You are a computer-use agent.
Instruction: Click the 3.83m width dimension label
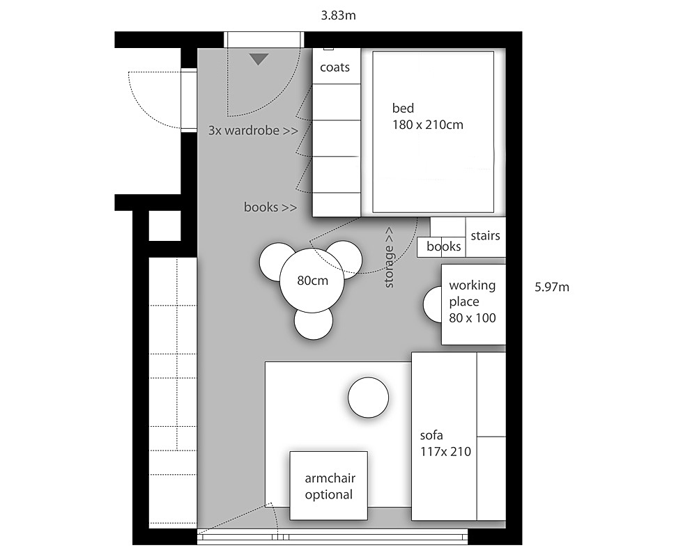(339, 15)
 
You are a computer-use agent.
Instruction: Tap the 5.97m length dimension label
(552, 287)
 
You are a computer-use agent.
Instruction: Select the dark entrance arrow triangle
(259, 59)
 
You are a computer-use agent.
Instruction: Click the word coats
(335, 68)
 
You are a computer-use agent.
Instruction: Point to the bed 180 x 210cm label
(427, 116)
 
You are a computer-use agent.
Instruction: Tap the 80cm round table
(312, 281)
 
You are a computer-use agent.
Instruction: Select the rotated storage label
(389, 258)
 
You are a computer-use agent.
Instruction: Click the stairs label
(485, 235)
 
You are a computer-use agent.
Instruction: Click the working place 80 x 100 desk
(473, 304)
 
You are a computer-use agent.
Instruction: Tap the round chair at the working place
(433, 304)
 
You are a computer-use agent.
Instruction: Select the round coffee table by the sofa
(368, 398)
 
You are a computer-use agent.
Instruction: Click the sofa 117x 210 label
(445, 444)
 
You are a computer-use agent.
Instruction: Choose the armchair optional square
(329, 486)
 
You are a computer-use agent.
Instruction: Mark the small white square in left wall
(164, 226)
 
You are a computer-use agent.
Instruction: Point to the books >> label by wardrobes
(270, 207)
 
